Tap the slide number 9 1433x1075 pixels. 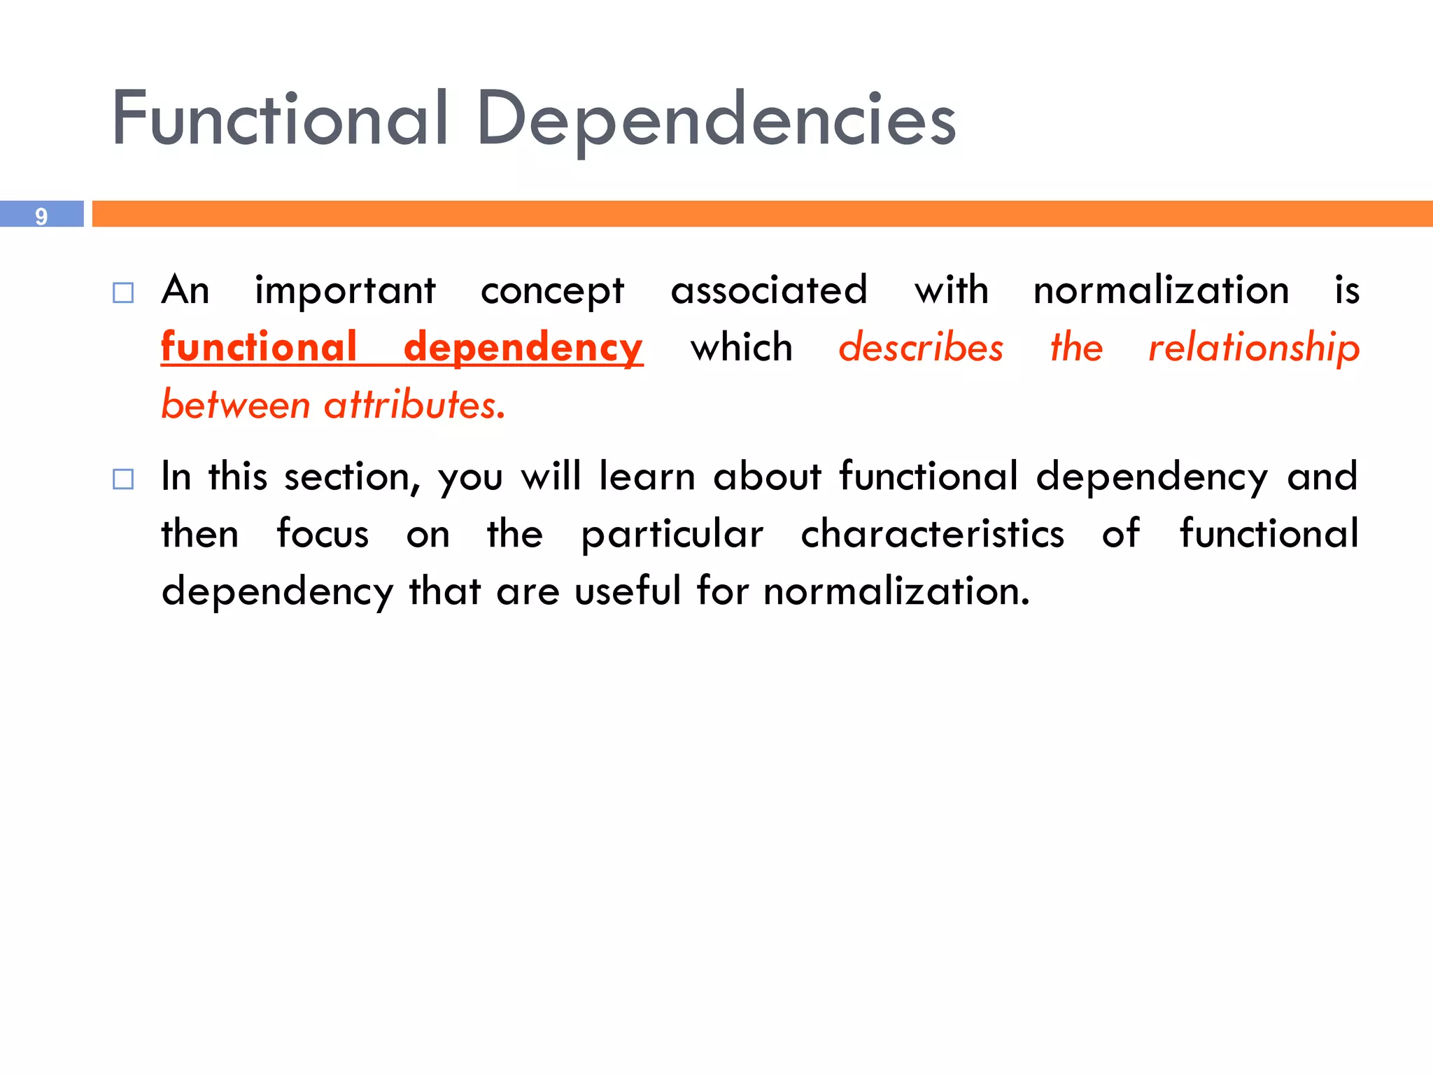(41, 216)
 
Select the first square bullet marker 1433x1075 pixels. (123, 293)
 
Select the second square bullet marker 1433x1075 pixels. (123, 479)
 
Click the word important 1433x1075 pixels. (345, 291)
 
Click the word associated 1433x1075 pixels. (769, 290)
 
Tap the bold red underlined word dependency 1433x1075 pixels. (523, 349)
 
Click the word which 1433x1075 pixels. (742, 348)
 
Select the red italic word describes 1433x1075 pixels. (921, 348)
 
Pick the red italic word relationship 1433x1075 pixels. (1254, 349)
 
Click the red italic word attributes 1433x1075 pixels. (414, 405)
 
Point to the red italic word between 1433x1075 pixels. (236, 405)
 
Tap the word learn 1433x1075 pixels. (647, 477)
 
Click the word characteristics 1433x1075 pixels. (932, 535)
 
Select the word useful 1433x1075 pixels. (628, 591)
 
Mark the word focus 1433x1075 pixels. (323, 535)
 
